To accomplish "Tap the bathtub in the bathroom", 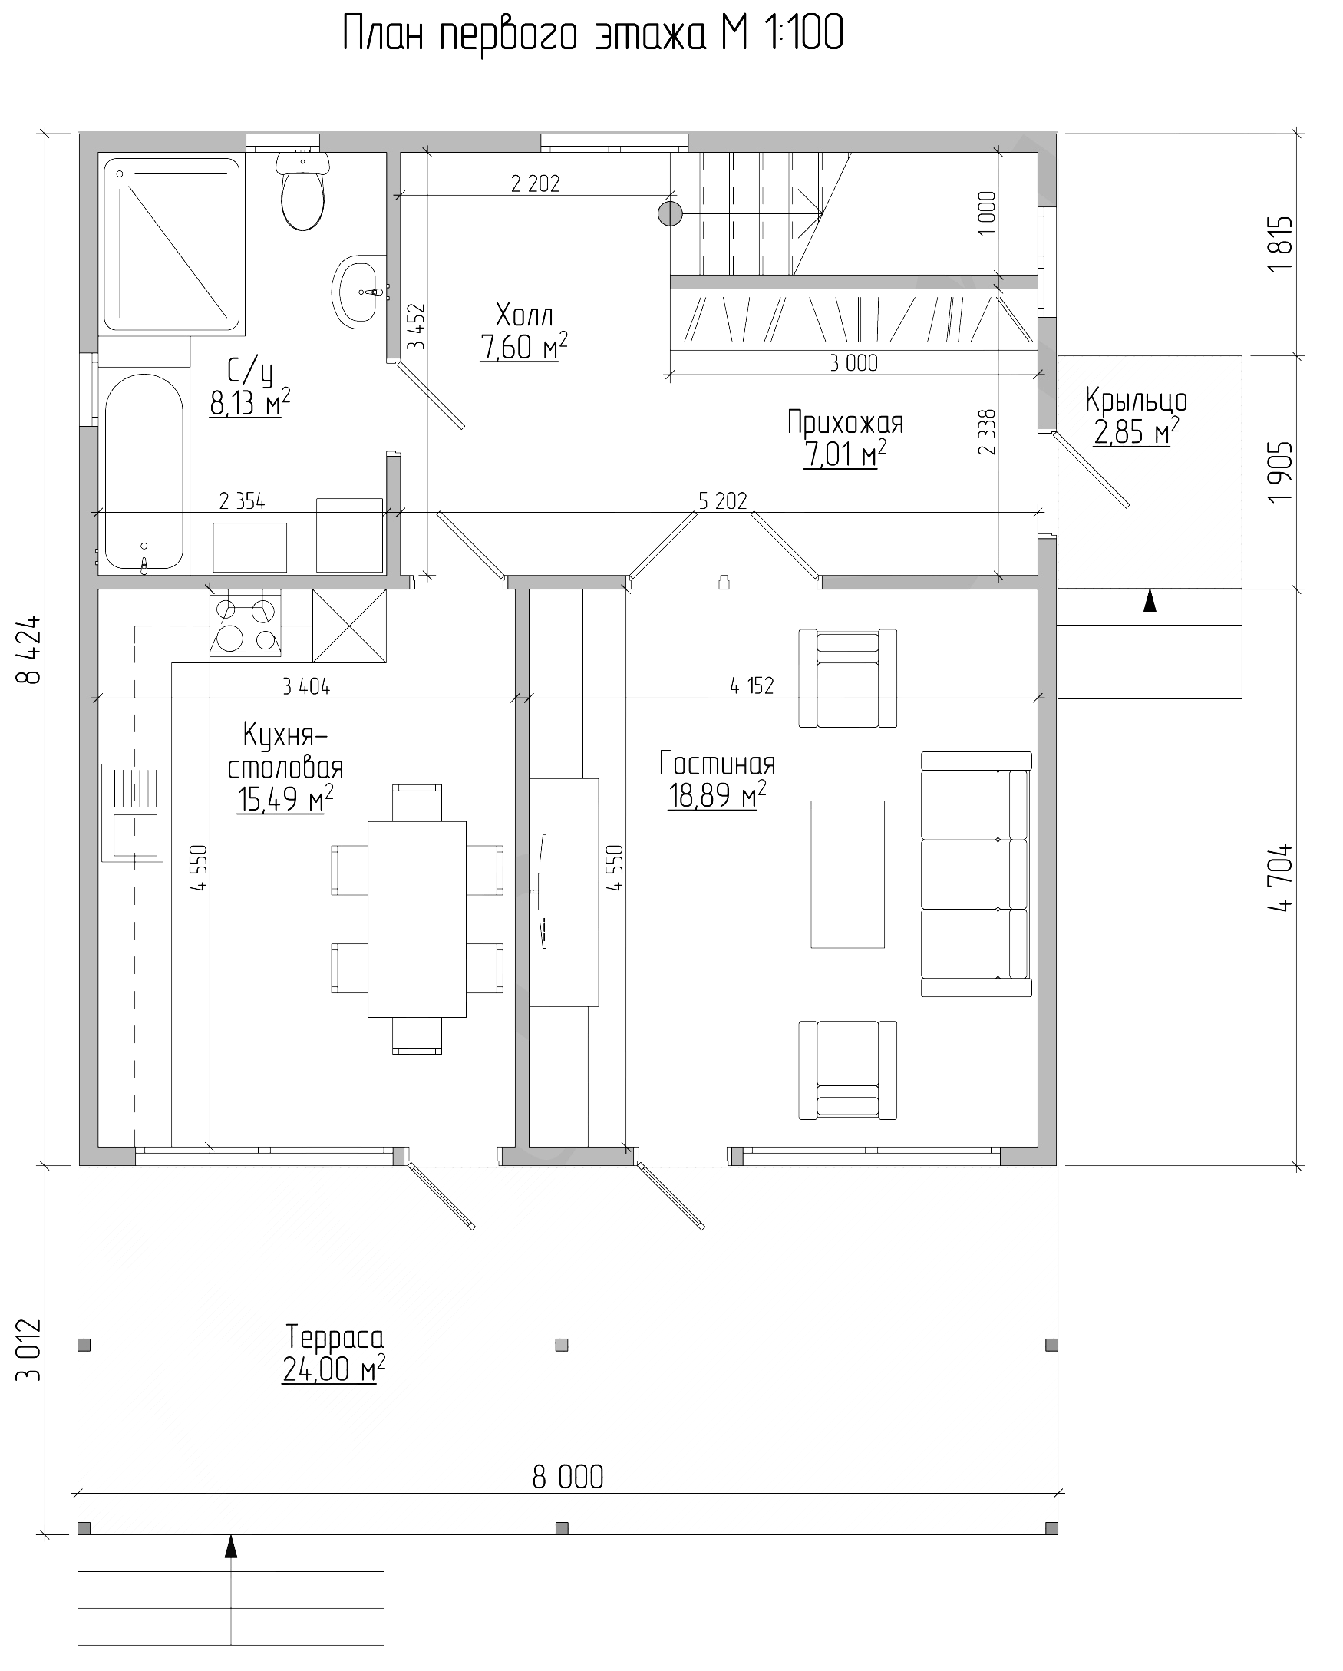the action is (144, 472).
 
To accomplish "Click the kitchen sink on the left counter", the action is (133, 812).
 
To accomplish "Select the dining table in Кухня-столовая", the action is (417, 920).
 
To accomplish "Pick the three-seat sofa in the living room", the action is (976, 873).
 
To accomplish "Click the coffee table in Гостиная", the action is (848, 874).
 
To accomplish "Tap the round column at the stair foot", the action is (669, 213).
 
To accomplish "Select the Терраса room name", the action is (335, 1337).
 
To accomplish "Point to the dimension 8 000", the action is (568, 1478).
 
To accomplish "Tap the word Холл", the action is (524, 315).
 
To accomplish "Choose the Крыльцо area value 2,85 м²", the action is (1137, 431).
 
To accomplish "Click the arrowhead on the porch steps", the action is (1150, 601).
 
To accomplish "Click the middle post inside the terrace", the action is (562, 1345).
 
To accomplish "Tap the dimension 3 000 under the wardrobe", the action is (854, 363).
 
